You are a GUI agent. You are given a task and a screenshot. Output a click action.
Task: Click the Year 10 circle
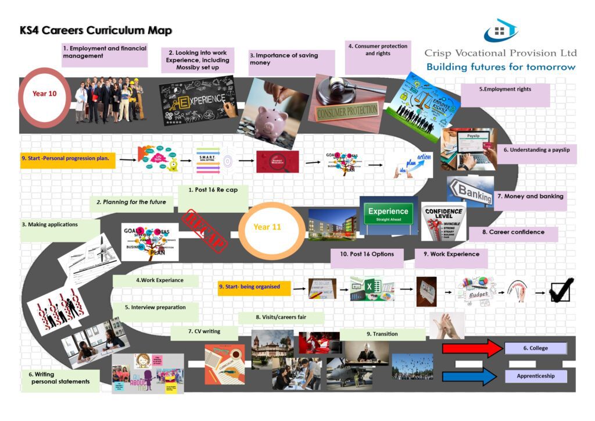45,94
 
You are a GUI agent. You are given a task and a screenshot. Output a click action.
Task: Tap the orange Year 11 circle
267,227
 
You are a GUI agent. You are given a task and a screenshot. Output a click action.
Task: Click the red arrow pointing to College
472,349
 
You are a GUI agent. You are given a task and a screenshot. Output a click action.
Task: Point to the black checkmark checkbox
561,289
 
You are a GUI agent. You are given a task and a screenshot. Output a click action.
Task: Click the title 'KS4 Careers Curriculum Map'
96,31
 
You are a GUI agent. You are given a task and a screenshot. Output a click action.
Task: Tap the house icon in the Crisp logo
500,31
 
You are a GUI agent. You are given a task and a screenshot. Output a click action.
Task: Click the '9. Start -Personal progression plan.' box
68,158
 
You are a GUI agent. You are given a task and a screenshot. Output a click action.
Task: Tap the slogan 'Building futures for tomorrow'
501,67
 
